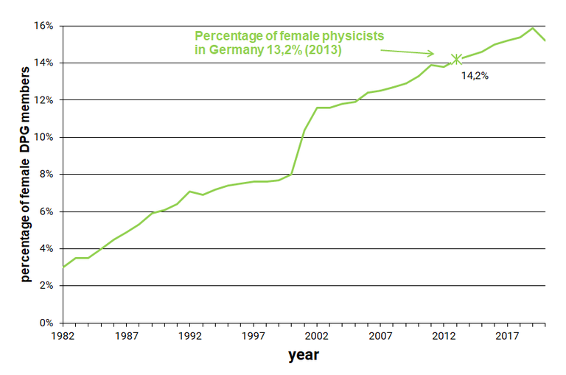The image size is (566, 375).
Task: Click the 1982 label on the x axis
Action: click(63, 336)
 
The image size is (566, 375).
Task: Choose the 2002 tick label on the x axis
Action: click(317, 336)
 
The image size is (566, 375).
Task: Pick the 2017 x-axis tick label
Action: click(507, 336)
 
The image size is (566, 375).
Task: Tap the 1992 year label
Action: click(190, 336)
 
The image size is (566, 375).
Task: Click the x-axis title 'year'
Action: click(303, 356)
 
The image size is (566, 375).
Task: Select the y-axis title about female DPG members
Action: click(25, 172)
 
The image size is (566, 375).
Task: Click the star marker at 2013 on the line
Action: click(456, 59)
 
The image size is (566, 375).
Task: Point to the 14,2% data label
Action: click(475, 75)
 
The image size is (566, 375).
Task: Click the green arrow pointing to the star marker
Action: click(408, 52)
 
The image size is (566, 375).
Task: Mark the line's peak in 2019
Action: click(532, 28)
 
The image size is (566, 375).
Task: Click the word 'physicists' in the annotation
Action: click(352, 35)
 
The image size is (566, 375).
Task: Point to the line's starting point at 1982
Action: click(63, 267)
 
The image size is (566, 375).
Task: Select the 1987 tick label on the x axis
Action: click(127, 336)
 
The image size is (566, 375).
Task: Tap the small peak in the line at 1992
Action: click(190, 192)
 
